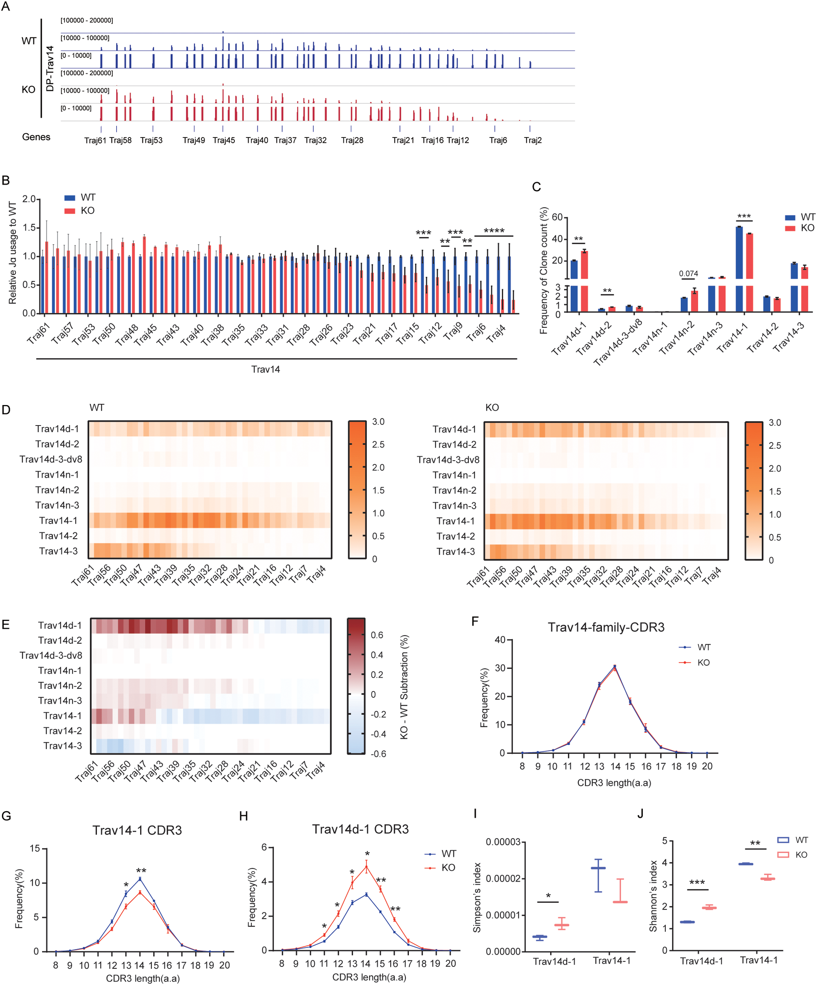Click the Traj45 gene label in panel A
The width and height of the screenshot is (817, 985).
224,140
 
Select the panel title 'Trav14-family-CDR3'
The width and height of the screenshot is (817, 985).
606,627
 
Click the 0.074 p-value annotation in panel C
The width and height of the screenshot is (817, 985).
688,273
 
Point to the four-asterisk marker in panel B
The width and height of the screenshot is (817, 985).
494,231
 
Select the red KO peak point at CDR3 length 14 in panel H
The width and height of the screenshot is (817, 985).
366,866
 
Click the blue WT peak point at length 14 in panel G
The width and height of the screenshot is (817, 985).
140,879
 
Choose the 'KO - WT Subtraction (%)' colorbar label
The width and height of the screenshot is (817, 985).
404,687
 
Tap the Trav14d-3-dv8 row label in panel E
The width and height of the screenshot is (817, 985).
51,655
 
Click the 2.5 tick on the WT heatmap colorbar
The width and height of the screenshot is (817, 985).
378,444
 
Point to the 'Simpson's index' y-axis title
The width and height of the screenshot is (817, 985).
477,897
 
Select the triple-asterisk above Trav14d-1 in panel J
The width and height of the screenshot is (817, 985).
697,883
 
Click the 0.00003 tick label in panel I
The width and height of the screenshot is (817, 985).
503,842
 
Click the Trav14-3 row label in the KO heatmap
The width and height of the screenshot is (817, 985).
455,552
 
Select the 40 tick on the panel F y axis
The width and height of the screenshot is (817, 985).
500,640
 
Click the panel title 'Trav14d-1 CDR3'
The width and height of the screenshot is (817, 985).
360,829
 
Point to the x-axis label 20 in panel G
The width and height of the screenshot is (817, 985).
225,965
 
